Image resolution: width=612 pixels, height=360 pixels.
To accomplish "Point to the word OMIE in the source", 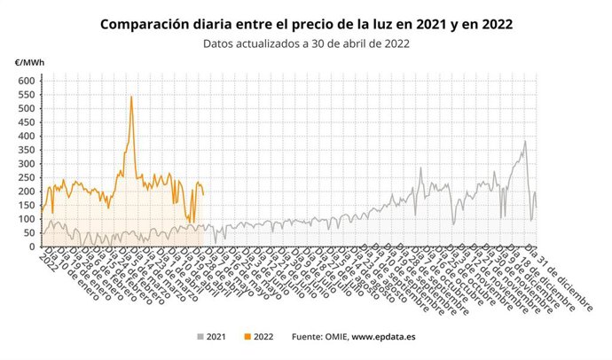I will tap(331, 337).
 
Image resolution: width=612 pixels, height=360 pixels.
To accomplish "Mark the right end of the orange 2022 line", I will tap(203, 194).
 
